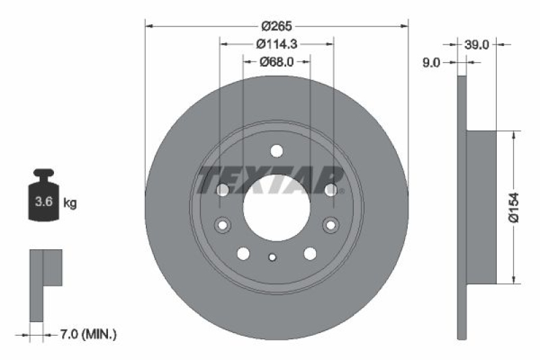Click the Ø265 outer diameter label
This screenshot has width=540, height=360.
(x=276, y=26)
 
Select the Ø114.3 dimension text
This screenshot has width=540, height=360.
(x=277, y=44)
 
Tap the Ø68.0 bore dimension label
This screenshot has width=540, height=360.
(x=276, y=61)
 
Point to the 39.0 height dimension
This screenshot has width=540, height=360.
(x=477, y=45)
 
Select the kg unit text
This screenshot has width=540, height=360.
(x=70, y=202)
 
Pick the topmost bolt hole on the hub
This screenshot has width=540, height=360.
(x=276, y=151)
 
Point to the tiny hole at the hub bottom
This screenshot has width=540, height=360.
(x=272, y=257)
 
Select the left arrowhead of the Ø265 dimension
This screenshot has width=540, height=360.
(x=149, y=26)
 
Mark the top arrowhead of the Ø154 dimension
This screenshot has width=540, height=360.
(x=515, y=135)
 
